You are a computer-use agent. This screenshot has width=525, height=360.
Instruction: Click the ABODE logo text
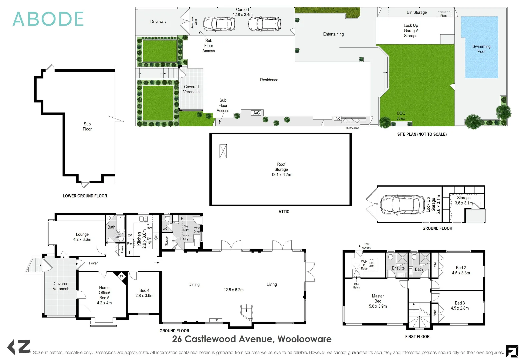click(x=48, y=19)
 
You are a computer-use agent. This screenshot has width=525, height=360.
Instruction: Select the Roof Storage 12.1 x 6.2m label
click(x=281, y=169)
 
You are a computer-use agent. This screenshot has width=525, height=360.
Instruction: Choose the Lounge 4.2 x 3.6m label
click(x=82, y=237)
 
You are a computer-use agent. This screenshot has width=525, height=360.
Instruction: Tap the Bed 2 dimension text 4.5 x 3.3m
click(x=461, y=273)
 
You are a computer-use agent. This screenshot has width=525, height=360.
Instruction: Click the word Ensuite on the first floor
click(x=398, y=268)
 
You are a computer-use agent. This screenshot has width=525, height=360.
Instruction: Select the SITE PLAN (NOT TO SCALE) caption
click(x=422, y=134)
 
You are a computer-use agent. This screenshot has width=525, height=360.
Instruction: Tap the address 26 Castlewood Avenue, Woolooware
click(x=252, y=339)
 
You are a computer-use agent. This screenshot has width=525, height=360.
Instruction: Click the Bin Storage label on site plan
click(x=416, y=12)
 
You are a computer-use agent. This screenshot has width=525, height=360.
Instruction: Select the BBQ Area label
click(x=401, y=116)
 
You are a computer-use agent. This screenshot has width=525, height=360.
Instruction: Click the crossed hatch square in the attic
click(x=223, y=151)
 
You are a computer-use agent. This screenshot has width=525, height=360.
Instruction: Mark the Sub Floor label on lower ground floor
click(x=87, y=126)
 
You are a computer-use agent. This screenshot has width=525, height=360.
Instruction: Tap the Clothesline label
click(x=352, y=128)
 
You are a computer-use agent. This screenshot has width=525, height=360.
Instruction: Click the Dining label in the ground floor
click(x=194, y=284)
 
